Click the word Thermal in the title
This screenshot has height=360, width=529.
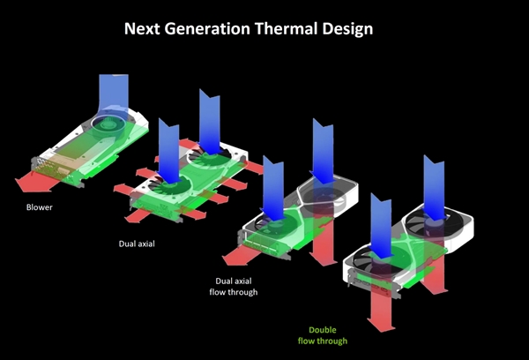coord(286,28)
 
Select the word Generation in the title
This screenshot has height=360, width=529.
coord(207,28)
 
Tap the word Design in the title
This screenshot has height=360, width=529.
coord(347,29)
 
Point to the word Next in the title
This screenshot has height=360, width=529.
coord(142,28)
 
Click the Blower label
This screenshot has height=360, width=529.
coord(40,207)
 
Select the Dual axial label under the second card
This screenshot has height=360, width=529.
coord(137,244)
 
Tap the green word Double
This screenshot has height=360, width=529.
coord(323,330)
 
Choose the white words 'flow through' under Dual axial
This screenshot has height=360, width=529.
coord(234,292)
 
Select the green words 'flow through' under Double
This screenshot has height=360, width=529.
coord(323,341)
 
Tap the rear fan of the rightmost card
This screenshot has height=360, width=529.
coord(429,223)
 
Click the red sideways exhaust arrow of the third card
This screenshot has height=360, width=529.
coord(242,256)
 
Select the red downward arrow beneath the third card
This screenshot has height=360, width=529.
coord(324,236)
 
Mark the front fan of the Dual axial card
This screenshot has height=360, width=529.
coord(169,187)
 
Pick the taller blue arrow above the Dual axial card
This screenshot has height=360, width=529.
coord(210,123)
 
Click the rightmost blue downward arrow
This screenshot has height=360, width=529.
coord(434,188)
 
